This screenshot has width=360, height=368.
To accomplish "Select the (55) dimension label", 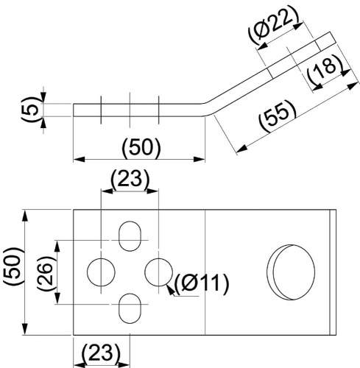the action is tap(278, 116).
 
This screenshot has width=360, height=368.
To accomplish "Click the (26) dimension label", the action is tap(46, 274).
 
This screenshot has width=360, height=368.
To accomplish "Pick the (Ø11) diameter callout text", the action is tap(201, 284).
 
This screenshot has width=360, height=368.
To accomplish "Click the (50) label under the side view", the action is tap(141, 148).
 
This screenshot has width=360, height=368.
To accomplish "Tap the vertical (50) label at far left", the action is tap(13, 266).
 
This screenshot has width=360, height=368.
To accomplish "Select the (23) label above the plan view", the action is tap(130, 179).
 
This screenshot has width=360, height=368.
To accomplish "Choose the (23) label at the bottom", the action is tap(101, 353).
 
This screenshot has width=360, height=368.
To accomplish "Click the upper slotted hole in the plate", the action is tap(130, 236).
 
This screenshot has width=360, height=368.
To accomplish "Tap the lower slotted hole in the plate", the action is tap(130, 308).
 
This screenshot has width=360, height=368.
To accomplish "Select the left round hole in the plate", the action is tap(101, 272).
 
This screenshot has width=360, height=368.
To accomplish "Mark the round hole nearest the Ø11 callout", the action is tap(159, 272).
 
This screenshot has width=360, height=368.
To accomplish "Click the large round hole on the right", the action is tap(291, 272).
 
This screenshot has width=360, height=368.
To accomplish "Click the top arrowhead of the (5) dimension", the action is tap(43, 97).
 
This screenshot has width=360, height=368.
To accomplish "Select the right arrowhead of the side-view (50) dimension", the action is tap(199, 159).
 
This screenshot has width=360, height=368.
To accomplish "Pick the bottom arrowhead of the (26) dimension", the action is tap(57, 298).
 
